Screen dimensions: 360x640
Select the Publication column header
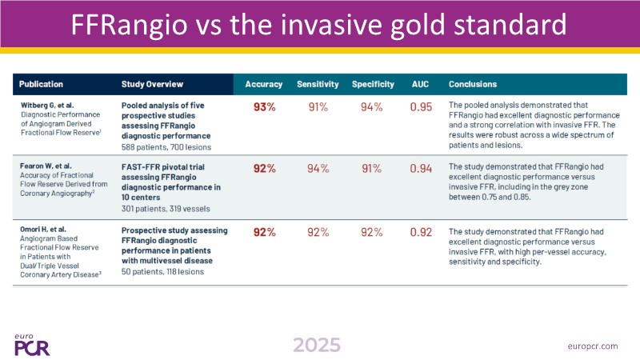(x=41, y=84)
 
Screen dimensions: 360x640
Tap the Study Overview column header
(x=152, y=84)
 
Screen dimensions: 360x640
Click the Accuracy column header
(x=264, y=84)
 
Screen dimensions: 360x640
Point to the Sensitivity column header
(x=318, y=84)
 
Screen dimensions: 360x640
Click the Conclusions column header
(x=473, y=84)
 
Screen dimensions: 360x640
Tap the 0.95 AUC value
(x=422, y=106)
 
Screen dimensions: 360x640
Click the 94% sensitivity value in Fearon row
(x=318, y=168)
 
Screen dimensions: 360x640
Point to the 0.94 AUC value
(x=422, y=168)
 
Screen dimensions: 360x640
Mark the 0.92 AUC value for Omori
(x=422, y=233)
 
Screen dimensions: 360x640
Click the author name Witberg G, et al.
(x=46, y=105)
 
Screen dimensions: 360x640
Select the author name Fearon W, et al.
(x=46, y=166)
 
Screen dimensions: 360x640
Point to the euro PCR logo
(x=34, y=342)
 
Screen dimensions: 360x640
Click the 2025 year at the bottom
(x=316, y=344)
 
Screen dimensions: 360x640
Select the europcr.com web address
(x=590, y=345)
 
